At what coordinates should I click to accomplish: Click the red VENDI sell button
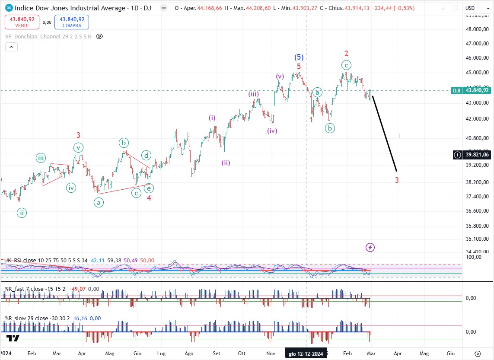coord(22,22)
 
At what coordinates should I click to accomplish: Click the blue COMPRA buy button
coord(71,22)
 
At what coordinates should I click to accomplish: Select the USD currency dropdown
coord(476,8)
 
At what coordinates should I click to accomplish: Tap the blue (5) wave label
coord(299,57)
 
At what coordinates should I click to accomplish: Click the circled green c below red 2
coord(346,65)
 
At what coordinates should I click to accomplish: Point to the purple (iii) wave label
coord(254,94)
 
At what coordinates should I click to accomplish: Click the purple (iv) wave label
coord(272,131)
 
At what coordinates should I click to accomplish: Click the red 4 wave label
coord(149,198)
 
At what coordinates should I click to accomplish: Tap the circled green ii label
coord(22,212)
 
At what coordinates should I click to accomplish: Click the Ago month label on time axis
coord(189,353)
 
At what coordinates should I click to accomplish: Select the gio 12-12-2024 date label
coord(306,353)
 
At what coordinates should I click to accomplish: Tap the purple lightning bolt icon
coord(370,247)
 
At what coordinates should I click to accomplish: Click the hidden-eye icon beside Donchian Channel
coord(99,36)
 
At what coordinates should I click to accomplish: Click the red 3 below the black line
coord(397,180)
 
